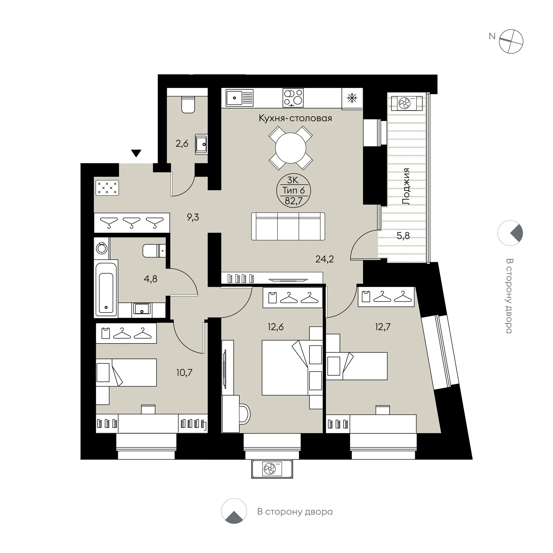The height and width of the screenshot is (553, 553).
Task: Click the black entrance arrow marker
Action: pyautogui.click(x=136, y=153)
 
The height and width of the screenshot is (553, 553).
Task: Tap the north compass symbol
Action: pyautogui.click(x=511, y=41)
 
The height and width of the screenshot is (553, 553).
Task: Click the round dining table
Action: pyautogui.click(x=290, y=148)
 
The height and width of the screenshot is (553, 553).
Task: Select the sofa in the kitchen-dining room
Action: pyautogui.click(x=288, y=226)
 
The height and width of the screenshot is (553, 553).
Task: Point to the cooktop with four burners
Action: pyautogui.click(x=293, y=97)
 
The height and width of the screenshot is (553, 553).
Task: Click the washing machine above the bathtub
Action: pyautogui.click(x=102, y=248)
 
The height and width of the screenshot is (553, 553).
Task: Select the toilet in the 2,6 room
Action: pyautogui.click(x=188, y=104)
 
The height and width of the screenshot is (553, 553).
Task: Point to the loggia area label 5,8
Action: pyautogui.click(x=403, y=236)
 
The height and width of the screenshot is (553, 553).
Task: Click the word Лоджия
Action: pyautogui.click(x=406, y=186)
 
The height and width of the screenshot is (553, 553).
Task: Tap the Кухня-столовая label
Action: pyautogui.click(x=295, y=118)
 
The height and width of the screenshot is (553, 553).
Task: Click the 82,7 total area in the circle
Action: pyautogui.click(x=293, y=201)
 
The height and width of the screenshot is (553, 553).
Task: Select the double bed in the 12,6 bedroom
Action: pyautogui.click(x=292, y=368)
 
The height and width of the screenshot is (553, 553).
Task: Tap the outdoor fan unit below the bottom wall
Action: pyautogui.click(x=272, y=469)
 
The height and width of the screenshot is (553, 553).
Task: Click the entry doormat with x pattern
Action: pyautogui.click(x=107, y=188)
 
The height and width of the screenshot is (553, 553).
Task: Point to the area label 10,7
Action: pyautogui.click(x=184, y=373)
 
